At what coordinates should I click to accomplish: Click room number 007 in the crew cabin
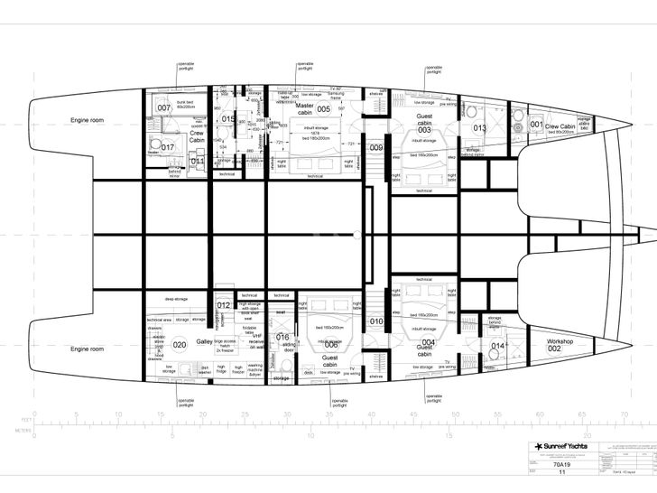point(163,108)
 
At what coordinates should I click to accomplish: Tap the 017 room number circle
point(168,147)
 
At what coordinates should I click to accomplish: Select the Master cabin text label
point(304,109)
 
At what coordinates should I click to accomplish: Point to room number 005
point(323,109)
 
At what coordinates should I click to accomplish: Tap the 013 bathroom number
point(479,128)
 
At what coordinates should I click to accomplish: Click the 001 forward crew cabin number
point(537,126)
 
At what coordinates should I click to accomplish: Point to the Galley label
point(205,343)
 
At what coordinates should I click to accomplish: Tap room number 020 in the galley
point(180,345)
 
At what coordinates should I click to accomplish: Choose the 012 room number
point(224,305)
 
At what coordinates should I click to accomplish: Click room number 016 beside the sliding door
point(282,338)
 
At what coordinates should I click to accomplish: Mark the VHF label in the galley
point(257,335)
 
